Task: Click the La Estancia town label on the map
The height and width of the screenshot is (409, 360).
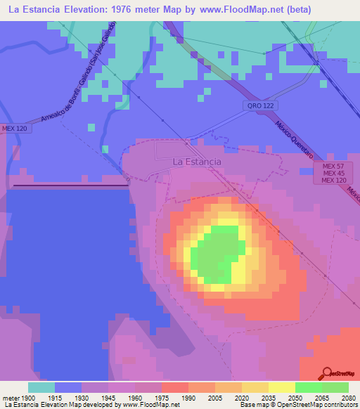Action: (x=197, y=162)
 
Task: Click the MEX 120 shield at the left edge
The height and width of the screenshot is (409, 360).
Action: (x=13, y=129)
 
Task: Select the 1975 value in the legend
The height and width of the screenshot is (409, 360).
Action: (x=162, y=397)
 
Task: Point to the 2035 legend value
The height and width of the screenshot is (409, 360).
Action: (x=268, y=397)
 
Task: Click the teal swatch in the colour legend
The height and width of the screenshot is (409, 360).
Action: (x=41, y=387)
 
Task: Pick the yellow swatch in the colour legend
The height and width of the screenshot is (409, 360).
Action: (x=281, y=387)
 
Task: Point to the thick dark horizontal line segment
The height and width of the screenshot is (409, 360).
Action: (x=70, y=186)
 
